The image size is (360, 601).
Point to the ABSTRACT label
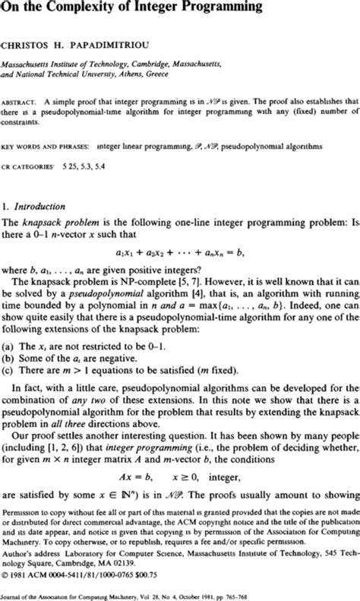coord(18,100)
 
